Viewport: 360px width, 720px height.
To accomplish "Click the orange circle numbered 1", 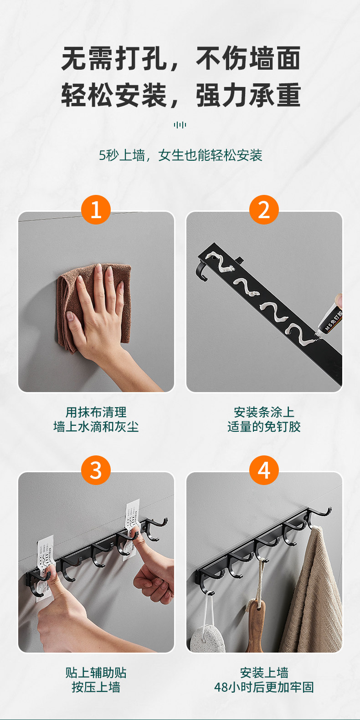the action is pyautogui.click(x=96, y=209).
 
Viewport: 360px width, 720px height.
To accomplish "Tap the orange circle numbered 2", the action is pyautogui.click(x=264, y=209).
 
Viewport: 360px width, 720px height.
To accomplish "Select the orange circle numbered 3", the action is pyautogui.click(x=96, y=470).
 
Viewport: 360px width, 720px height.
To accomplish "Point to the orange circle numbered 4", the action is pyautogui.click(x=264, y=470).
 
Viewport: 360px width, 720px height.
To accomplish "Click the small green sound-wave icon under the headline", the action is pyautogui.click(x=180, y=125).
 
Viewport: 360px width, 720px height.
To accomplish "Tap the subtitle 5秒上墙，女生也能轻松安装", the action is pyautogui.click(x=180, y=155).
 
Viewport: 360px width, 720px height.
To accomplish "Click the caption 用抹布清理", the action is pyautogui.click(x=96, y=412).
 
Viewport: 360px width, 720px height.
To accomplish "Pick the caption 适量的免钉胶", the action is pyautogui.click(x=264, y=427).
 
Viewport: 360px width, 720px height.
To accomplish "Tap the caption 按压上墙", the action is pyautogui.click(x=96, y=687).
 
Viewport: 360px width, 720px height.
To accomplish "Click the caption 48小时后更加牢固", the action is pyautogui.click(x=264, y=687).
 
